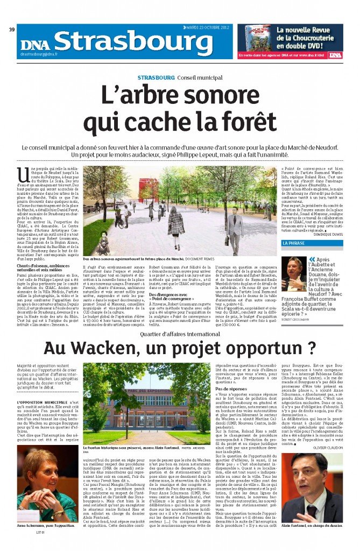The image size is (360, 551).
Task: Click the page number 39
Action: point(12,29)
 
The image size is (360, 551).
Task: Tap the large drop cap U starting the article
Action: point(22,174)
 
